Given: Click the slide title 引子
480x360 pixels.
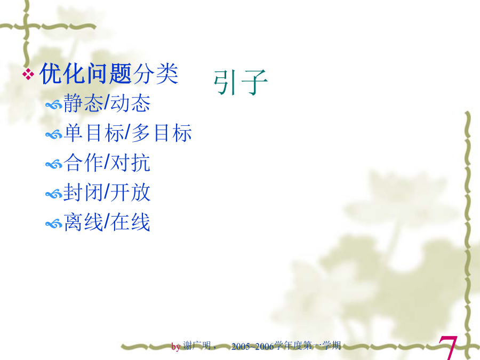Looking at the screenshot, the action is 241,82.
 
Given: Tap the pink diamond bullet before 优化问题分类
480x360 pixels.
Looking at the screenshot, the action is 28,74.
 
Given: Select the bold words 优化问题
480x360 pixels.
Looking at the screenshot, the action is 86,74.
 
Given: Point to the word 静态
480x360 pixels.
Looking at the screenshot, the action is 83,103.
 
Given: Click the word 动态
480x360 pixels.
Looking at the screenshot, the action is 130,103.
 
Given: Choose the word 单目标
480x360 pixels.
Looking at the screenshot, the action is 94,133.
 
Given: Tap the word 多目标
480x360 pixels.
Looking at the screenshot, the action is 162,133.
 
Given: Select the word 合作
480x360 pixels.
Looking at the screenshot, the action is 83,162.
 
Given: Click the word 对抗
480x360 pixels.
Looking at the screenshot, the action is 130,162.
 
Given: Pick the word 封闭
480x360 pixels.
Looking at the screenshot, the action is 83,192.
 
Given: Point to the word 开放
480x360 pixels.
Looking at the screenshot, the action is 130,192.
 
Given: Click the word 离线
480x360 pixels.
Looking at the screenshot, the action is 83,222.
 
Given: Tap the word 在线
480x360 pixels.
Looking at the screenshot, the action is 130,222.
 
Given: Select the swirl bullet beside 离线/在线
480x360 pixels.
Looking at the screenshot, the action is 53,225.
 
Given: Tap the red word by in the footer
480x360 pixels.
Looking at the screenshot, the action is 175,347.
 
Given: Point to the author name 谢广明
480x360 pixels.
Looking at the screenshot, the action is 197,346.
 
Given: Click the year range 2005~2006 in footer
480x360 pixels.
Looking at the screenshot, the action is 253,346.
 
